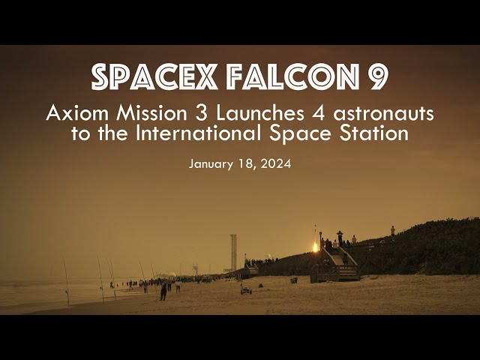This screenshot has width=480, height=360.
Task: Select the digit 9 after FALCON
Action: [378, 77]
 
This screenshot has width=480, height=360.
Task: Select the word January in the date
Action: [213, 163]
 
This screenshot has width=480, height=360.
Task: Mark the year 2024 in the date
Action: [275, 163]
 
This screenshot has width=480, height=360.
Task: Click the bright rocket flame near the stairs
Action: [314, 246]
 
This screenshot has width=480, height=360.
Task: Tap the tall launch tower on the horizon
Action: [233, 252]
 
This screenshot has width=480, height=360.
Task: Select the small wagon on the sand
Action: [245, 290]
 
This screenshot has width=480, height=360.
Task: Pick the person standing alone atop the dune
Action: [392, 231]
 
